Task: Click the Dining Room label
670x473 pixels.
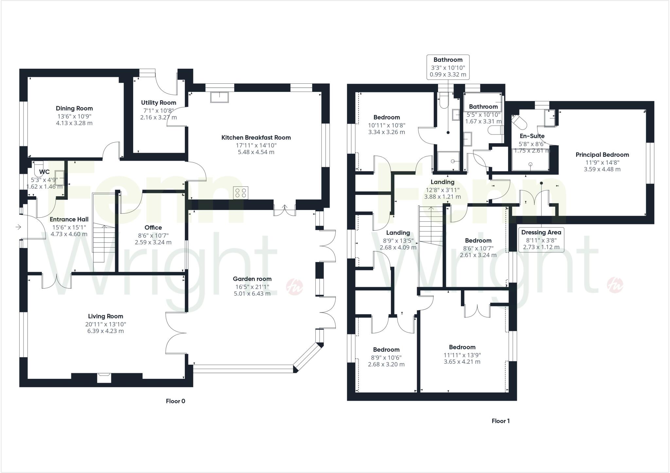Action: [74, 108]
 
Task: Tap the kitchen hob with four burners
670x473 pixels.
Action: [241, 193]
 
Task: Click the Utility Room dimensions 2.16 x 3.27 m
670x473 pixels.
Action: [158, 117]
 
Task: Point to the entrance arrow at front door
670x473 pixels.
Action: [18, 227]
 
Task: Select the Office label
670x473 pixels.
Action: [153, 227]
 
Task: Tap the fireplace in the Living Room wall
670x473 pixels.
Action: [104, 378]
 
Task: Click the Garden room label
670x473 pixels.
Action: [252, 279]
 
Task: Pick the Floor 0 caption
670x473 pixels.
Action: [175, 401]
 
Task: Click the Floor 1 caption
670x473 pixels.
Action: [501, 421]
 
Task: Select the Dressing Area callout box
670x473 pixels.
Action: [541, 239]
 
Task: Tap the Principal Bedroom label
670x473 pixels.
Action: [602, 155]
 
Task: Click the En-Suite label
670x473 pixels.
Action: [532, 136]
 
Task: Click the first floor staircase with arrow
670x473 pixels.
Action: [431, 227]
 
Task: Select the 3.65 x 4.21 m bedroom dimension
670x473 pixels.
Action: [462, 362]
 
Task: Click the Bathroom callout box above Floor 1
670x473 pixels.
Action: [448, 67]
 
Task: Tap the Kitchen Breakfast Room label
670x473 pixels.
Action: [256, 137]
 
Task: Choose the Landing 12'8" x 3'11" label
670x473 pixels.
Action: [442, 182]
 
